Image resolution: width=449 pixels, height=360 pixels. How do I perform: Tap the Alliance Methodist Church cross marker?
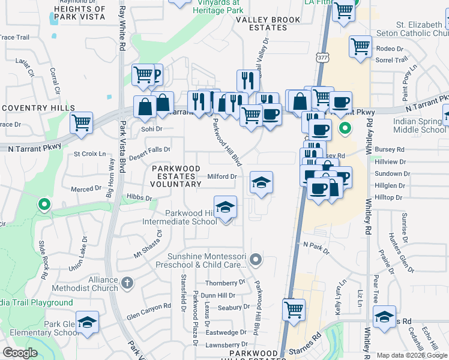point(127,282)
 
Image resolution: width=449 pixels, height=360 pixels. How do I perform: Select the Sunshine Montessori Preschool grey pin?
point(256,260)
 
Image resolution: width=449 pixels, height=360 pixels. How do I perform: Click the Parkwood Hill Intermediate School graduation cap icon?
point(225,207)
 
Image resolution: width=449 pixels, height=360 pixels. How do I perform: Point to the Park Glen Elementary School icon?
point(88,322)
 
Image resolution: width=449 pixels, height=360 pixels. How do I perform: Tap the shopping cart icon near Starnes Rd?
point(294,310)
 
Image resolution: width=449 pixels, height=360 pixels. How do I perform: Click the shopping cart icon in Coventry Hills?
point(82,123)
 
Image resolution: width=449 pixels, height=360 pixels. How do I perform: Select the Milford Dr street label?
point(222,176)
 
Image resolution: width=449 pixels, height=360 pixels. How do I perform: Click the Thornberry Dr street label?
point(226,282)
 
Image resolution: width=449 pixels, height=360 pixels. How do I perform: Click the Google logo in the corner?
point(20,352)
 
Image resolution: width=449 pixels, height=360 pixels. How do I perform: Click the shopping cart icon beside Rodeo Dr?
point(360,46)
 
